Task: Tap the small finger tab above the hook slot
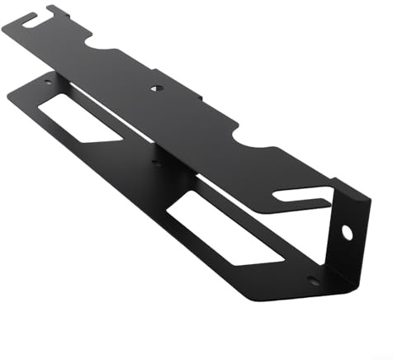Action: pyautogui.click(x=56, y=11)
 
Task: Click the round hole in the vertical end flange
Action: pyautogui.click(x=348, y=232)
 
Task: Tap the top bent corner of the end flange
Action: pyautogui.click(x=364, y=197)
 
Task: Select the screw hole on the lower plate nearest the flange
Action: pyautogui.click(x=312, y=280)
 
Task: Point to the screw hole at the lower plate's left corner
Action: pyautogui.click(x=47, y=82)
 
